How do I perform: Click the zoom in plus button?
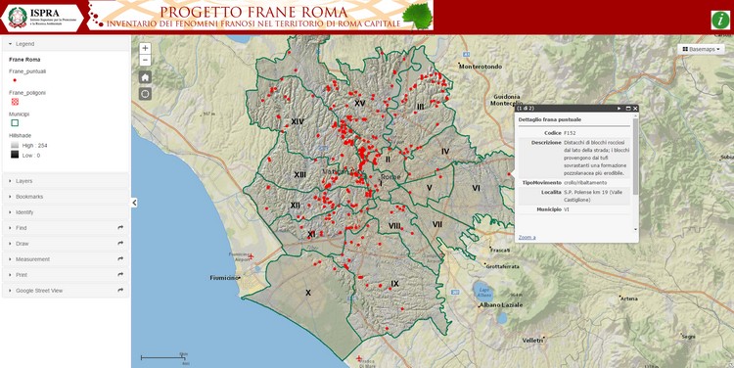pos(145,48)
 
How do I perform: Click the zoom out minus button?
pos(145,60)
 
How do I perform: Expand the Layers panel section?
pos(24,181)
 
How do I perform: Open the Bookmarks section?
pos(29,197)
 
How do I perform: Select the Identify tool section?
pos(24,212)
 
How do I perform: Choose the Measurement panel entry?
pos(32,259)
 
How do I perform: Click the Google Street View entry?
pos(39,291)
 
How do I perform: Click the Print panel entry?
pos(22,275)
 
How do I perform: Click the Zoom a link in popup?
pos(527,237)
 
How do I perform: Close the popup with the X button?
pos(635,108)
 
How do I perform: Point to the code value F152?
pos(570,132)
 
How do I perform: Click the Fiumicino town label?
pos(224,277)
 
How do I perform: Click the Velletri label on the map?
pos(532,340)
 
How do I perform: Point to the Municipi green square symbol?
pos(15,123)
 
